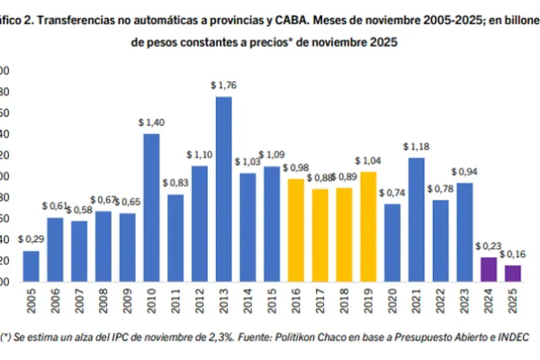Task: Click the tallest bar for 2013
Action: click(223, 189)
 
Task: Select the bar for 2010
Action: click(151, 207)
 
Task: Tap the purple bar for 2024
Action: click(488, 270)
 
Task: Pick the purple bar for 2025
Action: click(512, 273)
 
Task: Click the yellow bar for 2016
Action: click(295, 229)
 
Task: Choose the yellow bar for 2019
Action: click(367, 226)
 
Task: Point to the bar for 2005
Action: click(31, 266)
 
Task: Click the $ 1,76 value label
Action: click(223, 85)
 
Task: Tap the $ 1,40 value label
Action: click(151, 122)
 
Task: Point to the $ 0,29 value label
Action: click(31, 239)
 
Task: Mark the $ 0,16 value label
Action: click(512, 254)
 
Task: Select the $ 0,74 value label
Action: click(391, 193)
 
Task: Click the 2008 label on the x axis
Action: click(103, 301)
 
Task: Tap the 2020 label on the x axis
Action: click(392, 301)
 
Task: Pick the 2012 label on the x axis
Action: click(200, 301)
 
